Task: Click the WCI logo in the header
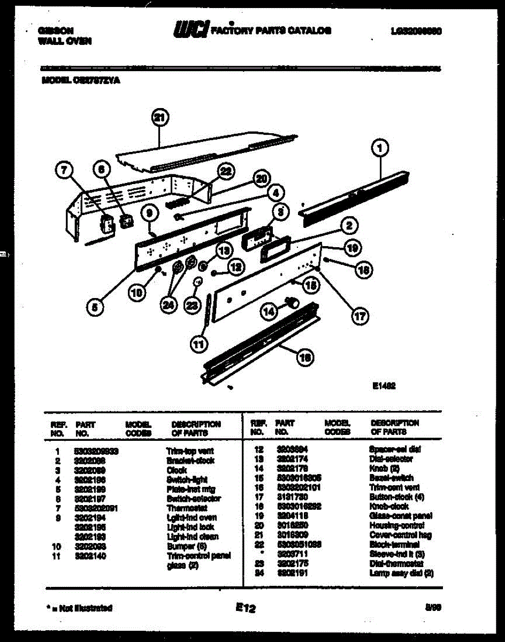point(190,30)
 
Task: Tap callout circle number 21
point(159,118)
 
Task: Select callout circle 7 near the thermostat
point(64,170)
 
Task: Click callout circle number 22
point(226,171)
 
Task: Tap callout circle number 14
point(269,310)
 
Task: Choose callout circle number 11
point(199,345)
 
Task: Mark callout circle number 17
point(359,316)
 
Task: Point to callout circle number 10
point(137,292)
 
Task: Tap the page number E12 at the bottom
point(245,608)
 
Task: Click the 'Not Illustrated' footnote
point(79,608)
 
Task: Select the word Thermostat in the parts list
point(183,508)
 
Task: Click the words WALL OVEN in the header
point(65,41)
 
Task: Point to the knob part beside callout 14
point(293,303)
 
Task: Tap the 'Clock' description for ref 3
point(177,470)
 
